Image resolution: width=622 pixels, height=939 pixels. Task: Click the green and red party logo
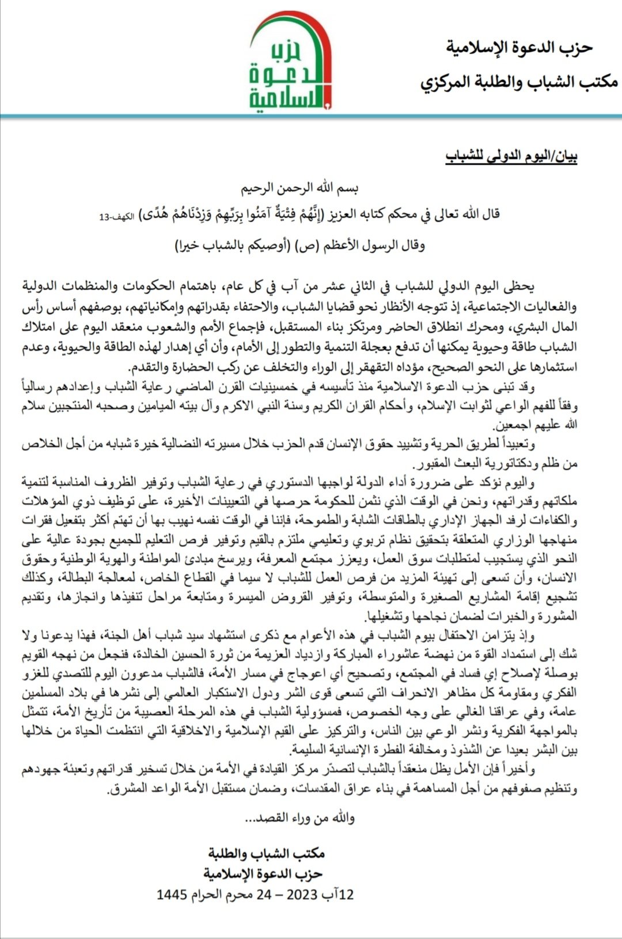point(290,62)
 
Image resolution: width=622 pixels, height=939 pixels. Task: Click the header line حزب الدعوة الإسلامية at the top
point(519,48)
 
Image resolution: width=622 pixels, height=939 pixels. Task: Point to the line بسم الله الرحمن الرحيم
point(300,188)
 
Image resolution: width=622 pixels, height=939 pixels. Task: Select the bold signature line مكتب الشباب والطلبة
point(267,853)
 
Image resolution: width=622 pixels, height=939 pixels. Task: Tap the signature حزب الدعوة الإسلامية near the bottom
point(262,873)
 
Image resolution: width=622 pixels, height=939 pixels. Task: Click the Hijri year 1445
point(172,895)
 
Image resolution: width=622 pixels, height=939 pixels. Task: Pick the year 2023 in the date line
point(302,895)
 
